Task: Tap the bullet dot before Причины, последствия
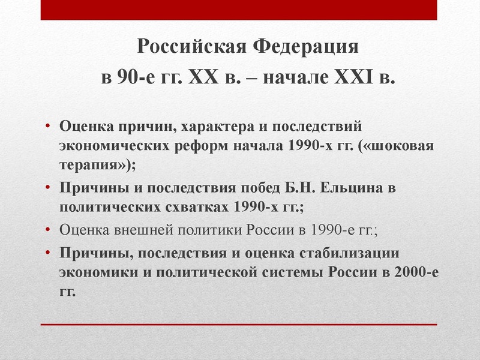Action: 49,251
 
